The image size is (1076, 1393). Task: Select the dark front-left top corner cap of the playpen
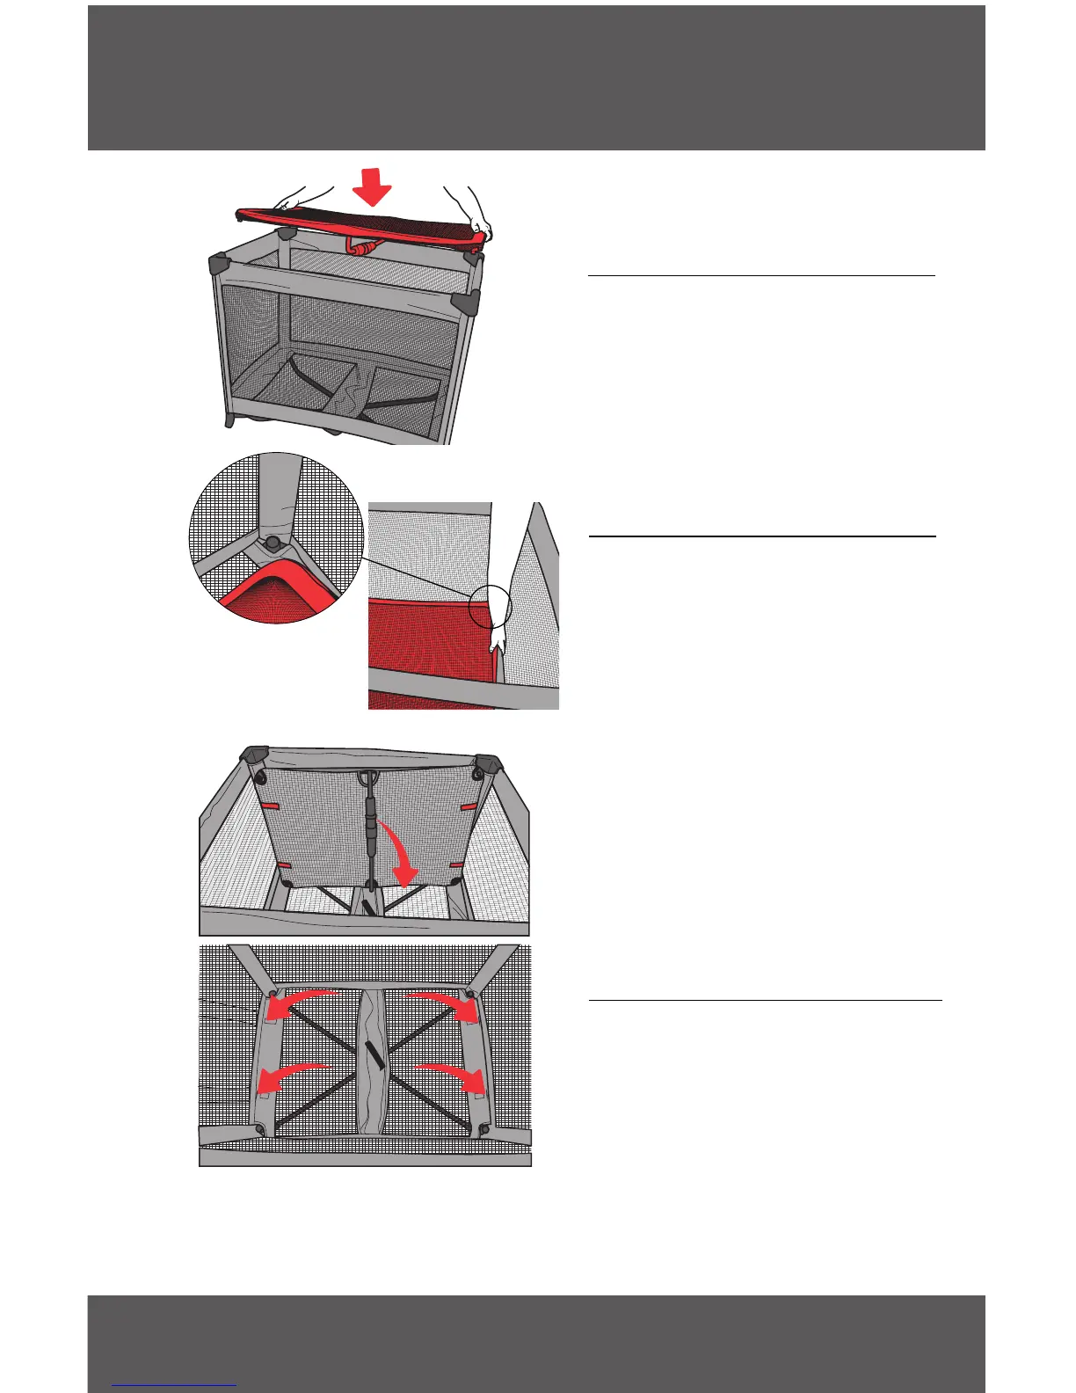(218, 263)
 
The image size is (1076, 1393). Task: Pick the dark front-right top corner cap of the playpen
(465, 302)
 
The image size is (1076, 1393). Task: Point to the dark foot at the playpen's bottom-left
(230, 421)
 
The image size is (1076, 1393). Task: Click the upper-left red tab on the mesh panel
(270, 806)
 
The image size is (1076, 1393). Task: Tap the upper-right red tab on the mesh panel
(469, 806)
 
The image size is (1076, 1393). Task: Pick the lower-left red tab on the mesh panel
(284, 866)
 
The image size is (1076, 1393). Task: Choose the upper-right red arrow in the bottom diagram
(447, 1003)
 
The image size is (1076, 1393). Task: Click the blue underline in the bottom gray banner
(174, 1386)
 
